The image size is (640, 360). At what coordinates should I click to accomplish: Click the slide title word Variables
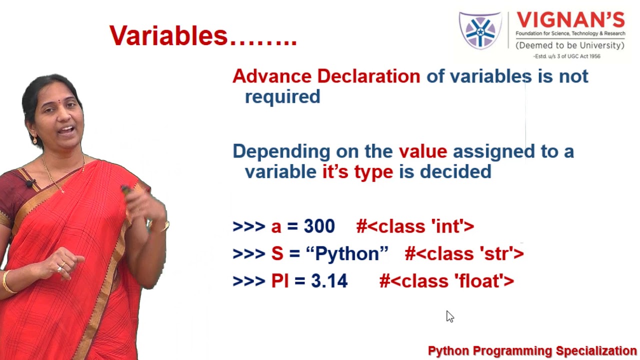168,35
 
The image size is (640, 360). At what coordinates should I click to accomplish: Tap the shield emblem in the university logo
480,30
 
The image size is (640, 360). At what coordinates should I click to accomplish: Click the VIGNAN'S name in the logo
570,20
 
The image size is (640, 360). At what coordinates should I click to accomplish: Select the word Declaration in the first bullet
368,76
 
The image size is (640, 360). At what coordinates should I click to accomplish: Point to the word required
282,97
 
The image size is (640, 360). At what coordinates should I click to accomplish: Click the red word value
423,151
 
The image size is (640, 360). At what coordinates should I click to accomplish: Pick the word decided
455,171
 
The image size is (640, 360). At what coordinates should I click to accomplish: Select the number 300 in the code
319,226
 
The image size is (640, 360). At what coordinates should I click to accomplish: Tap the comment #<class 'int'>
415,226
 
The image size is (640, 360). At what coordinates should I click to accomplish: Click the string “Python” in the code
347,253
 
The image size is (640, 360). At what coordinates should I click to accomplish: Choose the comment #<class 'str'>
464,253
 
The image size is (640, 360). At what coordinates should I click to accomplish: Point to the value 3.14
329,281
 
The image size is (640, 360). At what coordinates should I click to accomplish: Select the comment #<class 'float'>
446,281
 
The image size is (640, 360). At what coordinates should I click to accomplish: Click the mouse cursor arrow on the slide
450,316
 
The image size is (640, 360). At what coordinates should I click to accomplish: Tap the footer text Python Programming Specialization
532,351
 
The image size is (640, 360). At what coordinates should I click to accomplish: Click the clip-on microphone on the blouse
30,183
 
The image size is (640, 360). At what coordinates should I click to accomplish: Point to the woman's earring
34,139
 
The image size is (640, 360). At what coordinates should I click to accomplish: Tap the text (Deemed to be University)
570,45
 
